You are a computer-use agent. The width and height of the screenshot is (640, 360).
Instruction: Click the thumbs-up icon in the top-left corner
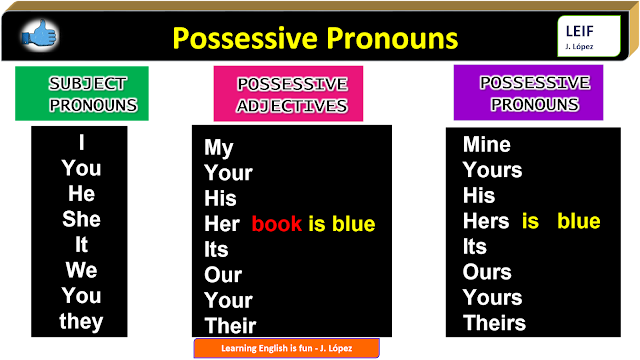[39, 37]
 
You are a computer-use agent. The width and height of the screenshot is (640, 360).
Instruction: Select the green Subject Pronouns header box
[82, 93]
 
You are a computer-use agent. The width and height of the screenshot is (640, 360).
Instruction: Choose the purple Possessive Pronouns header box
[528, 92]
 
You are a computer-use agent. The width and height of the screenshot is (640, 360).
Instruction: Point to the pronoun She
[81, 219]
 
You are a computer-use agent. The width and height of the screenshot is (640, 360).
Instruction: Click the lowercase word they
[81, 321]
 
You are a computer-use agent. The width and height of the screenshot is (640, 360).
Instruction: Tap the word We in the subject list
[81, 270]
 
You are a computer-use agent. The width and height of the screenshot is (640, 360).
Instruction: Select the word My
[219, 148]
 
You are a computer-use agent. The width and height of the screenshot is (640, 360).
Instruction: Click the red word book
[277, 223]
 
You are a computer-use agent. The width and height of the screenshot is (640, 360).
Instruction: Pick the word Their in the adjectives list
[230, 325]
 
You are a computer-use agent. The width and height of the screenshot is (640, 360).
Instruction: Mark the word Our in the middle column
[223, 275]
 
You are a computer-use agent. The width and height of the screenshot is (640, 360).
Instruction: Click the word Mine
[487, 145]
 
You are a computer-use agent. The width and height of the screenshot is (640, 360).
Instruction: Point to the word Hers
[487, 221]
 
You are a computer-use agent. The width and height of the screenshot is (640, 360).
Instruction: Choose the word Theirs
[494, 322]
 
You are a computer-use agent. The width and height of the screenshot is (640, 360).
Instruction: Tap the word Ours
[487, 272]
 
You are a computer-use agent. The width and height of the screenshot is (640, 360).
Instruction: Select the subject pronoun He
[81, 193]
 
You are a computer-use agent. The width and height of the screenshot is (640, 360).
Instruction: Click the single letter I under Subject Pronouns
[81, 143]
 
